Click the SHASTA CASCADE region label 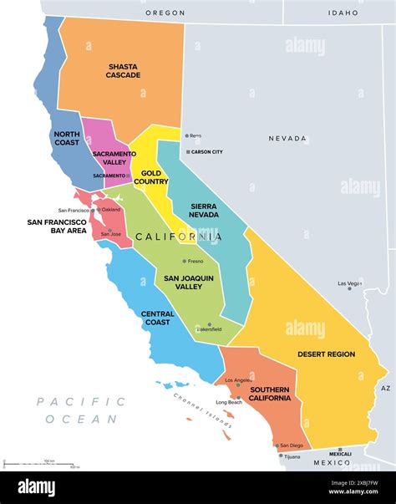pyautogui.click(x=124, y=71)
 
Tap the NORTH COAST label pyautogui.click(x=67, y=137)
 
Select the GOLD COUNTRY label pyautogui.click(x=150, y=177)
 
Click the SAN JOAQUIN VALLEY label pyautogui.click(x=187, y=283)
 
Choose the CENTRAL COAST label pyautogui.click(x=158, y=318)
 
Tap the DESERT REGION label pyautogui.click(x=326, y=354)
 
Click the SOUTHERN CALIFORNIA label pyautogui.click(x=269, y=394)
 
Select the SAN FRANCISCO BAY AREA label pyautogui.click(x=57, y=227)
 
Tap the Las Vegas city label pyautogui.click(x=350, y=284)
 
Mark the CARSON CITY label pyautogui.click(x=206, y=152)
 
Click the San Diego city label pyautogui.click(x=292, y=445)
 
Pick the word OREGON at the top pyautogui.click(x=165, y=13)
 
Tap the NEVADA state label pyautogui.click(x=287, y=139)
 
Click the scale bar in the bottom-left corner pyautogui.click(x=38, y=462)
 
